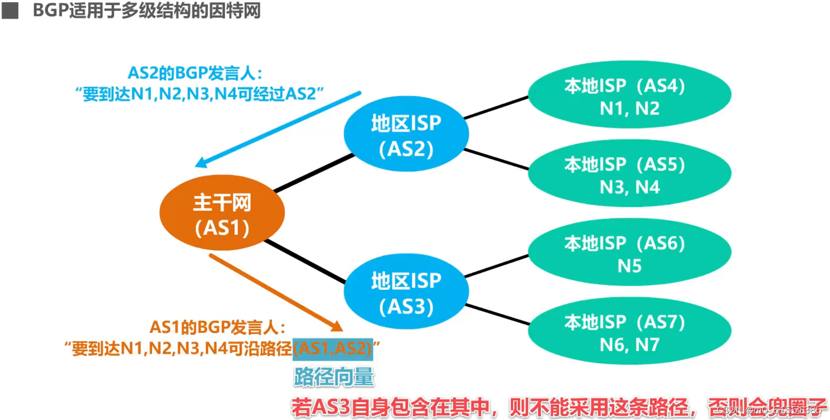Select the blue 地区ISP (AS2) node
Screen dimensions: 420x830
click(406, 134)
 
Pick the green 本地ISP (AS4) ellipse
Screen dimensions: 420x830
click(629, 95)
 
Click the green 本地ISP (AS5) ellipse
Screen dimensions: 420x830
click(629, 174)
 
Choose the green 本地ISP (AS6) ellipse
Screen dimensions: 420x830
click(629, 253)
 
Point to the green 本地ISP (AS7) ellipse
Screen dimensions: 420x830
click(629, 332)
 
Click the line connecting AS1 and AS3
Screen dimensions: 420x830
click(305, 261)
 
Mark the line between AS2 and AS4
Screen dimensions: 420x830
click(496, 107)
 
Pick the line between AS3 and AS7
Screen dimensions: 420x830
click(497, 314)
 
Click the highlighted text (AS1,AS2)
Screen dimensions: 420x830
click(333, 349)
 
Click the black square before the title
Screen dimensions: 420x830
click(10, 10)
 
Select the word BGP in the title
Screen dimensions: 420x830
click(50, 10)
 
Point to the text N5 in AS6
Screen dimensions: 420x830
click(629, 266)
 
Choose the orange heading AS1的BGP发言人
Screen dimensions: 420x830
click(217, 327)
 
